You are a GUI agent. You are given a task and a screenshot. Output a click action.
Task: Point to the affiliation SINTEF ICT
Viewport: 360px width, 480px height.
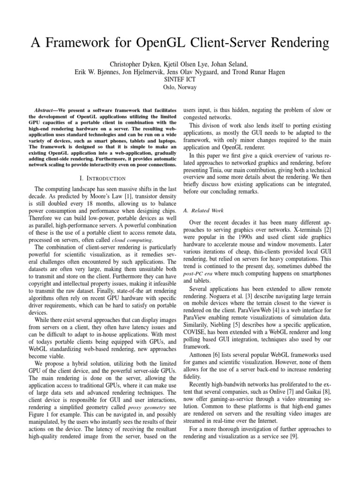(x=180, y=79)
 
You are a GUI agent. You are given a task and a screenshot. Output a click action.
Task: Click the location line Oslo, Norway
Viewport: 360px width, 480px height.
(x=180, y=87)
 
